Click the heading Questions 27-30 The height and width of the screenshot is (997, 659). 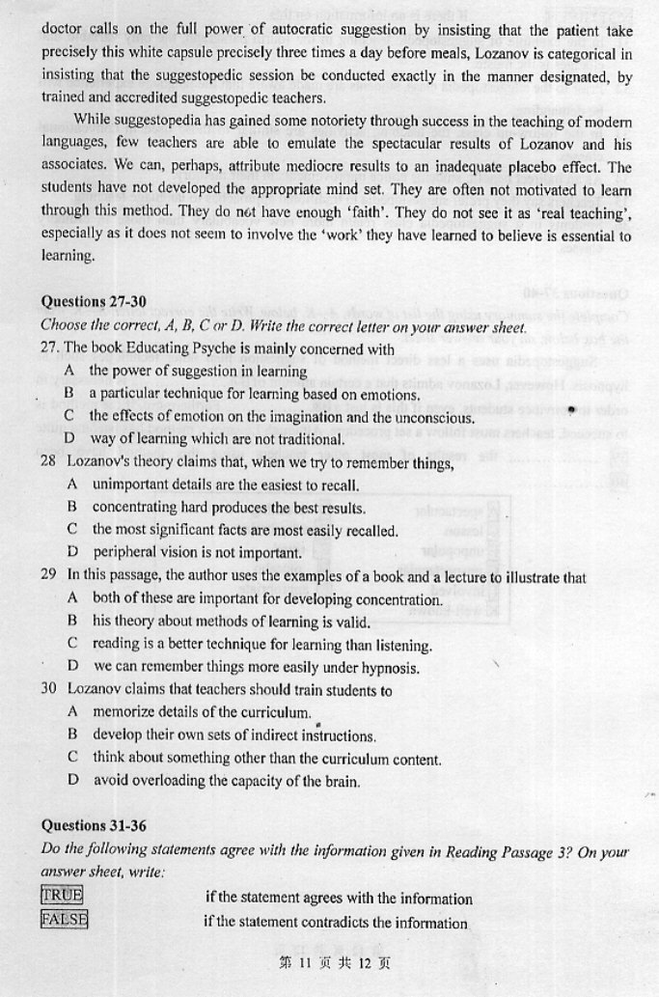[93, 302]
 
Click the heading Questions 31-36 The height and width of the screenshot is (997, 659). [93, 825]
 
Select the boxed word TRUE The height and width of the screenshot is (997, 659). [62, 895]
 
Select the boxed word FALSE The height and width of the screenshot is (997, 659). [64, 919]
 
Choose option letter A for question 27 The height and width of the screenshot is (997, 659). [70, 371]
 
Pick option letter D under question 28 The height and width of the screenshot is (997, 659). [72, 553]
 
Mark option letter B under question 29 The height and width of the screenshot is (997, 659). [72, 622]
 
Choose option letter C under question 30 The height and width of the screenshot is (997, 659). [72, 759]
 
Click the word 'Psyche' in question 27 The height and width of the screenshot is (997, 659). [184, 349]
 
